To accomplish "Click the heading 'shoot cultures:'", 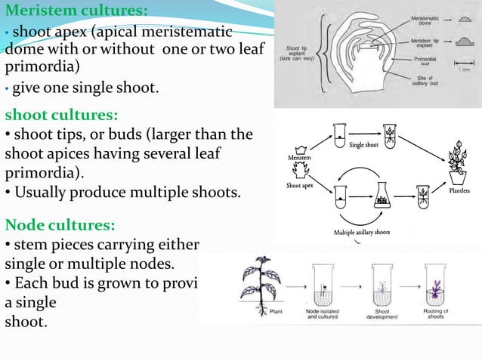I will [61, 116].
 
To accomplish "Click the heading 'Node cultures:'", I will [60, 224].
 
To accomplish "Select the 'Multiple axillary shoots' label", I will [362, 232].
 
